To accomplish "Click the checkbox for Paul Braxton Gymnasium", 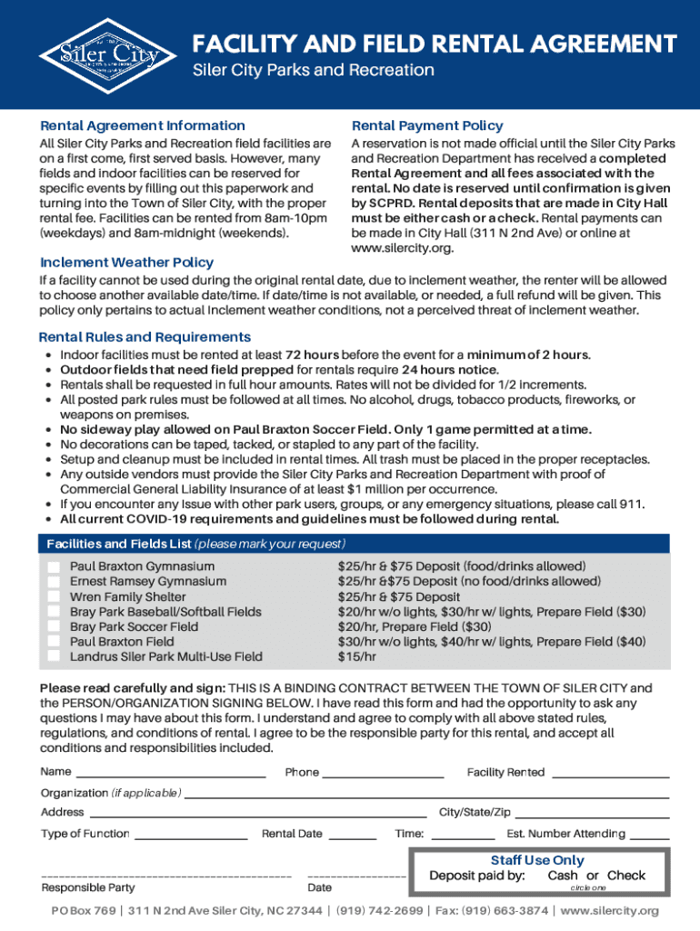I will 54,566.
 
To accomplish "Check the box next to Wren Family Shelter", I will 54,596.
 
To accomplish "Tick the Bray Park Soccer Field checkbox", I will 54,626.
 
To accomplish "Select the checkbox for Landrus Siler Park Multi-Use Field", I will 54,656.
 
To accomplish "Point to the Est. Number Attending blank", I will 649,835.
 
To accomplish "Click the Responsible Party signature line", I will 165,876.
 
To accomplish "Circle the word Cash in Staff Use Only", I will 563,876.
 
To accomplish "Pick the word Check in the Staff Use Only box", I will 626,876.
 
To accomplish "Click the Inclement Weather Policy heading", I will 126,263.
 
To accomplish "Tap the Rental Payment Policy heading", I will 427,125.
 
